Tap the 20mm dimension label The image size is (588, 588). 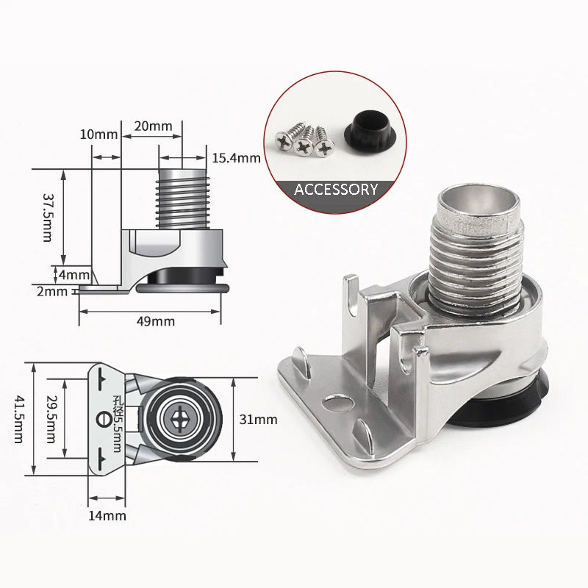pyautogui.click(x=152, y=126)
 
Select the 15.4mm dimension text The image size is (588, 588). pyautogui.click(x=236, y=158)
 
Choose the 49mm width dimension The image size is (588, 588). pyautogui.click(x=155, y=320)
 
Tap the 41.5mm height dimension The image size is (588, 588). pyautogui.click(x=18, y=419)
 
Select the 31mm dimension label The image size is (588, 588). pyautogui.click(x=259, y=420)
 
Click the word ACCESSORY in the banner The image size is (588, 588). pyautogui.click(x=336, y=189)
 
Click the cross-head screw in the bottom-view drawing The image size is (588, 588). pyautogui.click(x=182, y=420)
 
